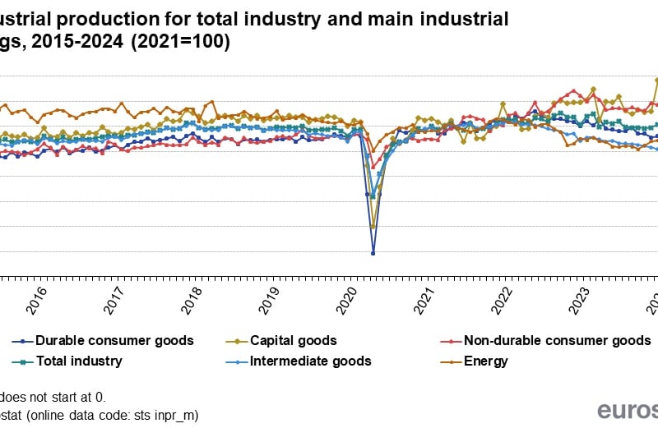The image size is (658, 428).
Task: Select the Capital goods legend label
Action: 293,340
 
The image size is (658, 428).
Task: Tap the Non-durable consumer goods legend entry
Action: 557,340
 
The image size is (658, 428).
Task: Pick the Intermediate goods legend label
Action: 310,361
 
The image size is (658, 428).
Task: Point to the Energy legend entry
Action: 485,361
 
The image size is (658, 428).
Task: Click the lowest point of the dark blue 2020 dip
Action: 373,253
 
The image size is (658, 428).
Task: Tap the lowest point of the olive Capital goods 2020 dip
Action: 373,227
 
